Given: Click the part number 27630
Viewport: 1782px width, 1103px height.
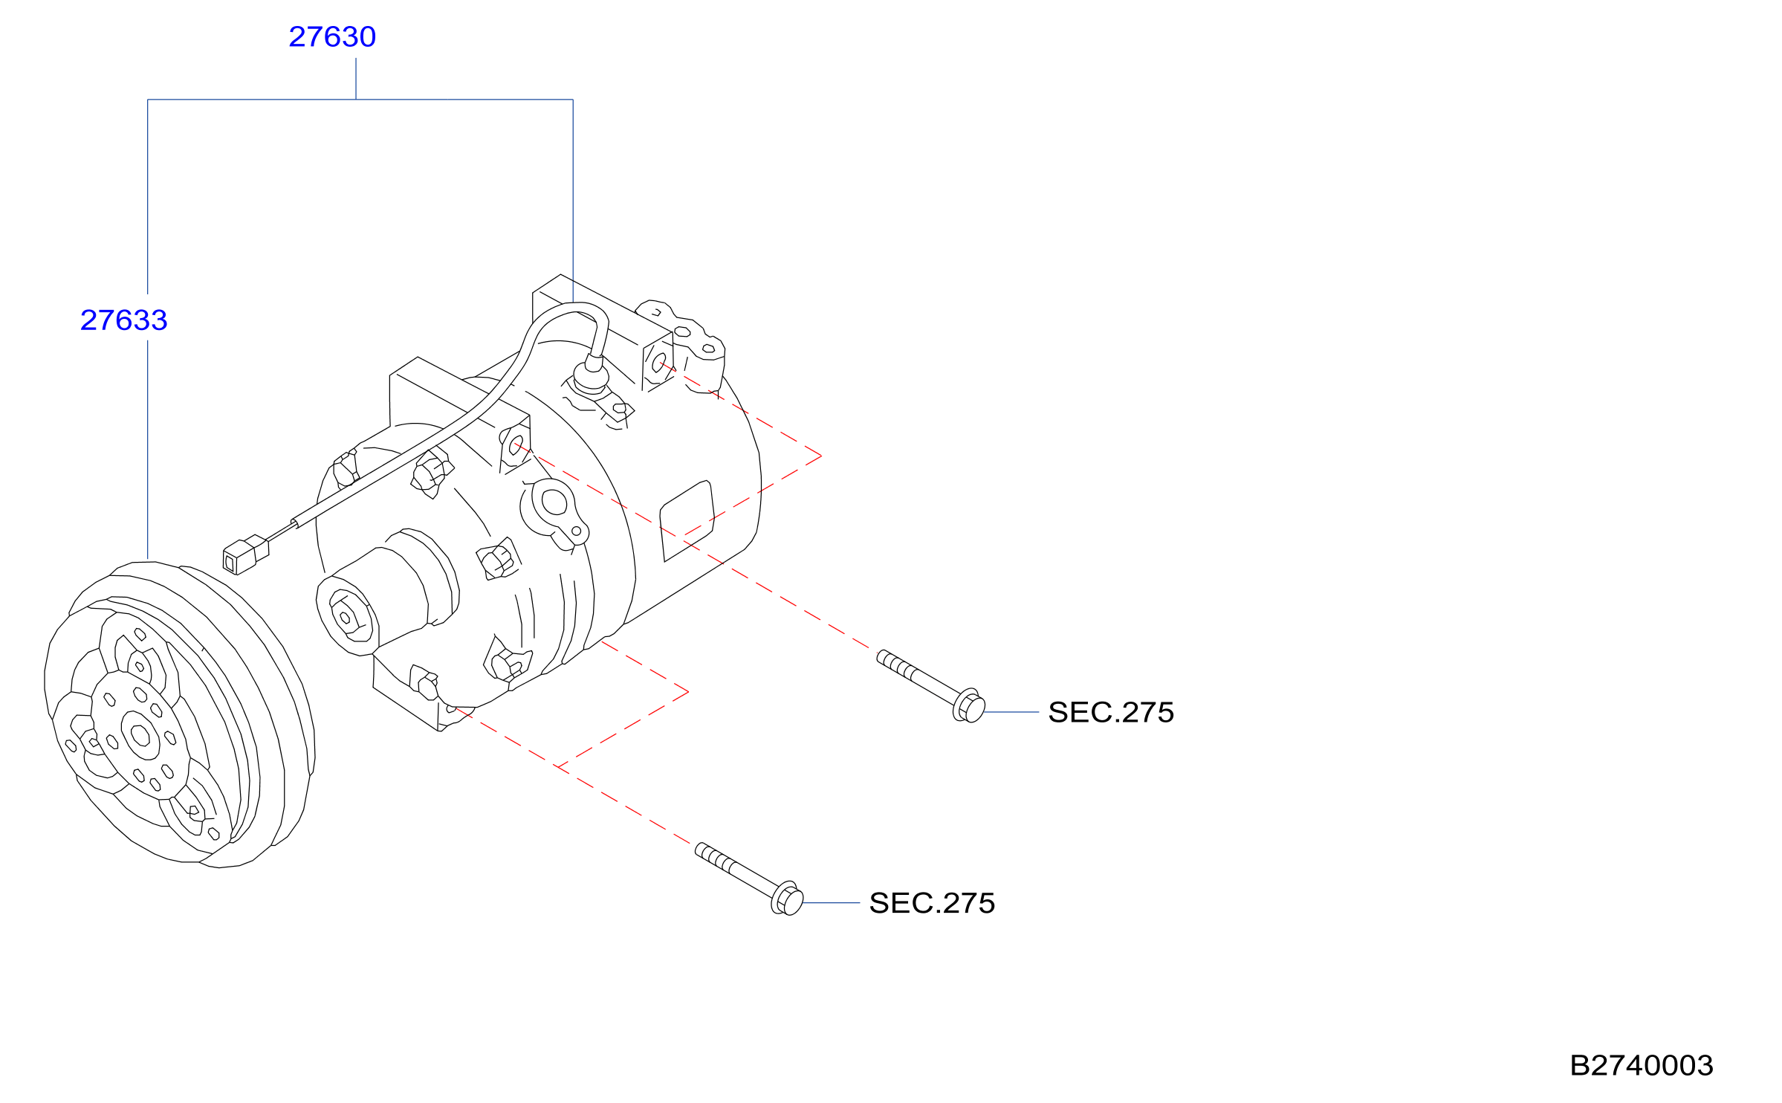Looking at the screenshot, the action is tap(332, 36).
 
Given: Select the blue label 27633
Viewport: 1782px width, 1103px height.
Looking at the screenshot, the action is tap(124, 320).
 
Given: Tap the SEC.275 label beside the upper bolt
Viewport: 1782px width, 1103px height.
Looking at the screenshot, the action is tap(1111, 712).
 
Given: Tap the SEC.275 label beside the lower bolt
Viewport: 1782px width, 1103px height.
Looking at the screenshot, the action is tap(932, 903).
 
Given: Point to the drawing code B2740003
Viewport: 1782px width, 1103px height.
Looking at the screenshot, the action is tap(1642, 1065).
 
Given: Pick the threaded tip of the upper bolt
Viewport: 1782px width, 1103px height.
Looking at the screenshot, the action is tap(882, 656).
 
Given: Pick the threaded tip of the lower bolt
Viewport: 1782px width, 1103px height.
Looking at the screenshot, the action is tap(700, 849).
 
